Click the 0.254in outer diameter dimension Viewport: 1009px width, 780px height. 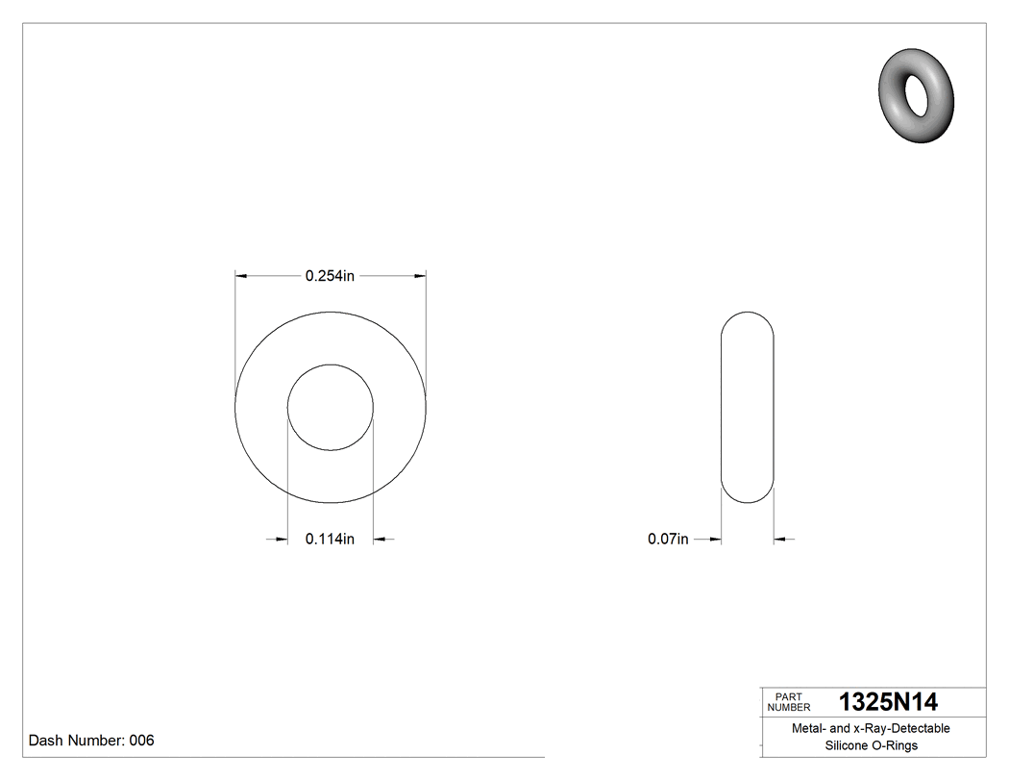[330, 276]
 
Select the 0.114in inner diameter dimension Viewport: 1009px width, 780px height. [330, 540]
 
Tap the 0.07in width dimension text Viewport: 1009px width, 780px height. [668, 540]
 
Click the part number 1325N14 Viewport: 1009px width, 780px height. [888, 701]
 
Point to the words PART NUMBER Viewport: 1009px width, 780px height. [789, 702]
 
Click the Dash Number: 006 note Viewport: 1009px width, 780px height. [91, 741]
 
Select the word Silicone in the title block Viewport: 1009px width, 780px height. [847, 745]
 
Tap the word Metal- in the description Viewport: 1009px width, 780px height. [809, 728]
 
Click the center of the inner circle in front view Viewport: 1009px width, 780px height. [331, 407]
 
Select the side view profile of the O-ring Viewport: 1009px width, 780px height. [748, 407]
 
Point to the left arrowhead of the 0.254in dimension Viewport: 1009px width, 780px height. [242, 276]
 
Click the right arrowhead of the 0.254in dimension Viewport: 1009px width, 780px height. [419, 276]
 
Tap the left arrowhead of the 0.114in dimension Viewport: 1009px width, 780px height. [282, 540]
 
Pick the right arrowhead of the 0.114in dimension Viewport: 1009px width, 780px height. [380, 540]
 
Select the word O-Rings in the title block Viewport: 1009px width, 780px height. [895, 745]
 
